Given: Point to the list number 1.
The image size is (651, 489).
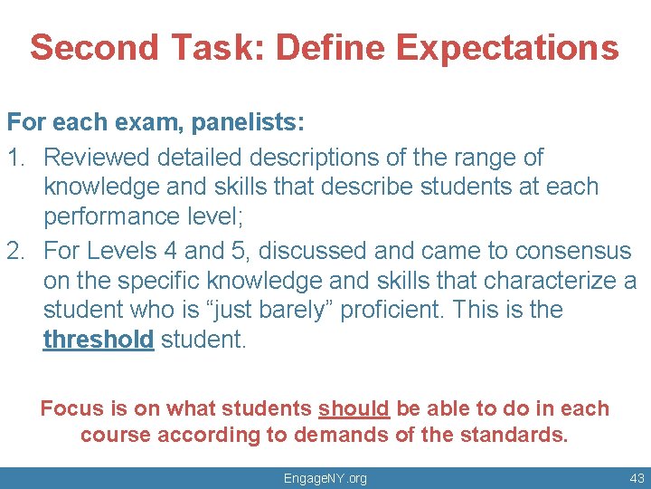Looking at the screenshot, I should coord(15,158).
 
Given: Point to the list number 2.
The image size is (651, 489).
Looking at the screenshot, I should coord(15,250).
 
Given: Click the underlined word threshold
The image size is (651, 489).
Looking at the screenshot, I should coord(99,341).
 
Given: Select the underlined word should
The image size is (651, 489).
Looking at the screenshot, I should coord(354,408).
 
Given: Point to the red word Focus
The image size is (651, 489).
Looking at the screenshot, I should coord(71,408).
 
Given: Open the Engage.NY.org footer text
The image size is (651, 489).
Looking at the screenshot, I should coord(325,478).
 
